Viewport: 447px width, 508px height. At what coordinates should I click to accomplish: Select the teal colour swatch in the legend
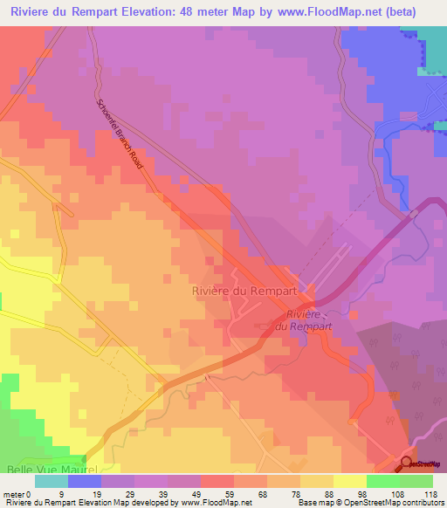(x=51, y=481)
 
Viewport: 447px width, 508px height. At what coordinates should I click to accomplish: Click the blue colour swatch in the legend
(x=85, y=481)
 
